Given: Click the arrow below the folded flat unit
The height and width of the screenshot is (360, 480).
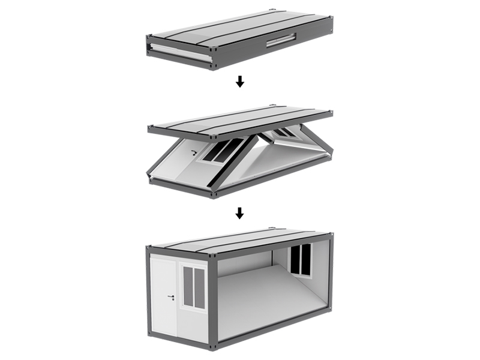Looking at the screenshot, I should click(239, 82).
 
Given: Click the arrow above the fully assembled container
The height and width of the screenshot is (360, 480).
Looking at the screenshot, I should click(239, 212).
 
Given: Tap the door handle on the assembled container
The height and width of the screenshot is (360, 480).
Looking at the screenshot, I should click(171, 296).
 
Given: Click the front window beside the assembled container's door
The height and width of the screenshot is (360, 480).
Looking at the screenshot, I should click(194, 287).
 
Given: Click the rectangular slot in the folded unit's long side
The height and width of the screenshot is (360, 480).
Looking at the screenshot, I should click(281, 40).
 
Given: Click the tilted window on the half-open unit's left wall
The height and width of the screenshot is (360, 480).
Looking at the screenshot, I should click(223, 150).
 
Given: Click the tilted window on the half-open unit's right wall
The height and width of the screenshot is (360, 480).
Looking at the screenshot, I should click(284, 133).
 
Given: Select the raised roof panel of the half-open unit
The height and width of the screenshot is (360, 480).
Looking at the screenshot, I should click(240, 120).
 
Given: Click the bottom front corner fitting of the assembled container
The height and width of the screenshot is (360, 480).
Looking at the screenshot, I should click(212, 347).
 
